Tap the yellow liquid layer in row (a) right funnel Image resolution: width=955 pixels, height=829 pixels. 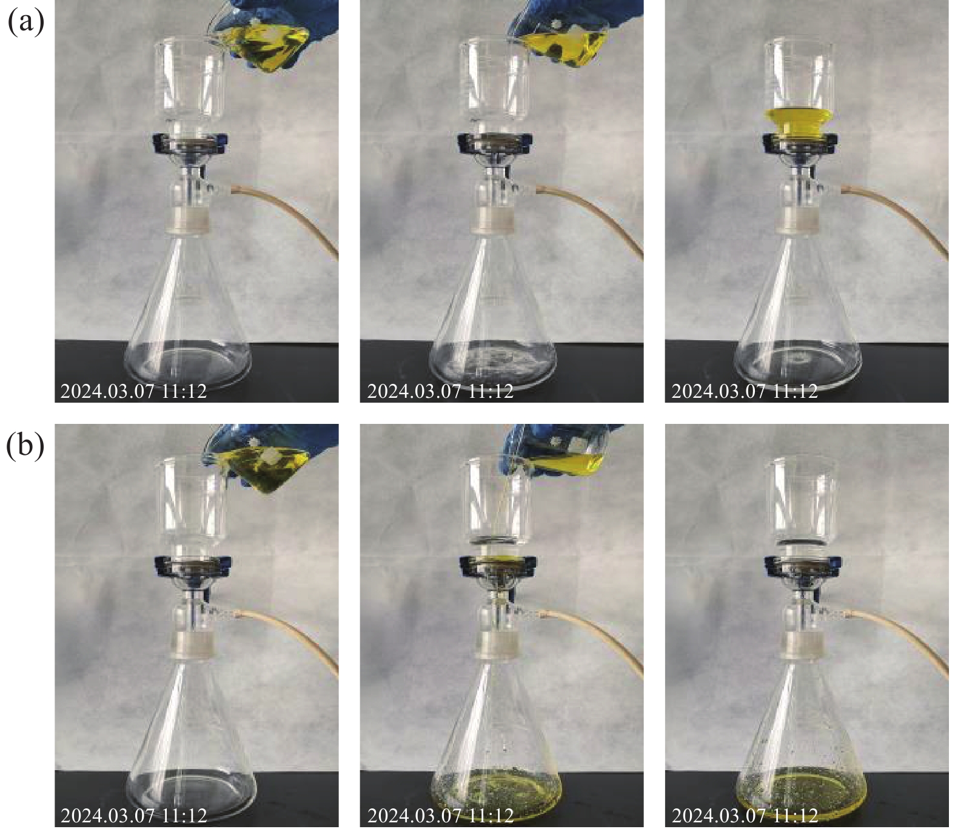point(800,123)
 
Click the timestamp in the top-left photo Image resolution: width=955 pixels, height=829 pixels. point(134,391)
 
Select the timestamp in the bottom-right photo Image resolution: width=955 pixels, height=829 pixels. point(745,816)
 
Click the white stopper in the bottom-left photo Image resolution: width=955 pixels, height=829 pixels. point(190,645)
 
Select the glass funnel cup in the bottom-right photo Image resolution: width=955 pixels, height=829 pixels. point(800,501)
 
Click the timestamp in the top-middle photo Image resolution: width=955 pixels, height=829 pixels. point(440,391)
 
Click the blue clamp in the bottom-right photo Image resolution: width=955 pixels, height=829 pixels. point(800,568)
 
